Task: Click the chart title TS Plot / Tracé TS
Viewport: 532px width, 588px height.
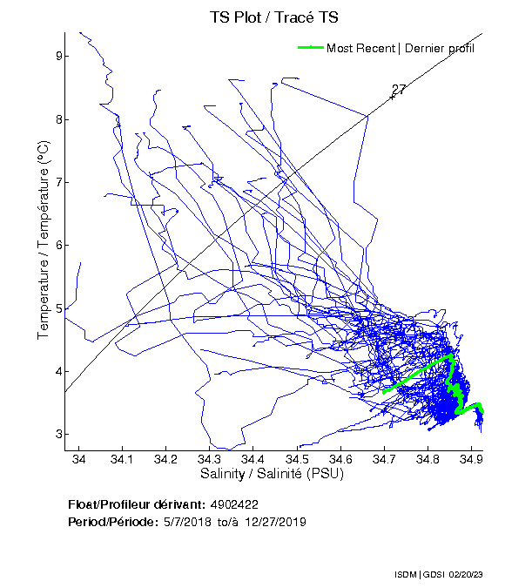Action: (274, 17)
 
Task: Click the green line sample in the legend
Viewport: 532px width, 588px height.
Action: (310, 48)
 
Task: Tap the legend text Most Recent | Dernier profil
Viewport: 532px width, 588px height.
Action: (401, 48)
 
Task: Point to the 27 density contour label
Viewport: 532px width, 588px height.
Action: (399, 90)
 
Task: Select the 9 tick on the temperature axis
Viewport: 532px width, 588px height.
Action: (57, 57)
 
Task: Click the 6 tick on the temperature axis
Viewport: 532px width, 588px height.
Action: (57, 246)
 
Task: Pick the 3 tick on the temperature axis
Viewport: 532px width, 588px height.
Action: (57, 435)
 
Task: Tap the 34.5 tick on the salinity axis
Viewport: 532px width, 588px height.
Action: (296, 459)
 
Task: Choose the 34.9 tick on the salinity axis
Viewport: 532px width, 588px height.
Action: (470, 459)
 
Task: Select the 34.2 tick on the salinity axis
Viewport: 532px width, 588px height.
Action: (165, 459)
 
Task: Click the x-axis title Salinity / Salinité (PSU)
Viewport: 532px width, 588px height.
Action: (273, 474)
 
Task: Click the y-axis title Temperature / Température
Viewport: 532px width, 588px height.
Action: (44, 241)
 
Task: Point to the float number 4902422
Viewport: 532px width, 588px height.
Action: (233, 504)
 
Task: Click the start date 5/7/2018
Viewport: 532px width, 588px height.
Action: (182, 521)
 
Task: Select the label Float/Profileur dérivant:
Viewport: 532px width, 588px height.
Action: (137, 504)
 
